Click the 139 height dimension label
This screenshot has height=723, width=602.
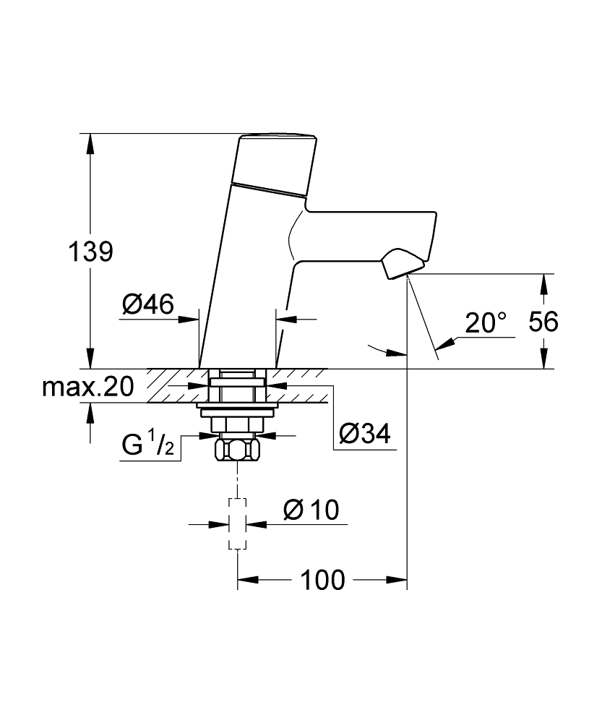(x=90, y=252)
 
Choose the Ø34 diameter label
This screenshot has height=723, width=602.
(x=365, y=434)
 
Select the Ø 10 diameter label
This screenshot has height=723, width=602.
(x=311, y=510)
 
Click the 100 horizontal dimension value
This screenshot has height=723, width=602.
(x=322, y=579)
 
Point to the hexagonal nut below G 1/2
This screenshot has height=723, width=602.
(x=238, y=451)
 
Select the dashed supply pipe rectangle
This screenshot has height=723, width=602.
(x=238, y=524)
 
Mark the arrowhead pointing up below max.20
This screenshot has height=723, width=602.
(x=90, y=413)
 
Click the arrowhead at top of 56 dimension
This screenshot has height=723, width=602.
(x=543, y=283)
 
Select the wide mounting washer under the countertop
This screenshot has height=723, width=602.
(x=238, y=411)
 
